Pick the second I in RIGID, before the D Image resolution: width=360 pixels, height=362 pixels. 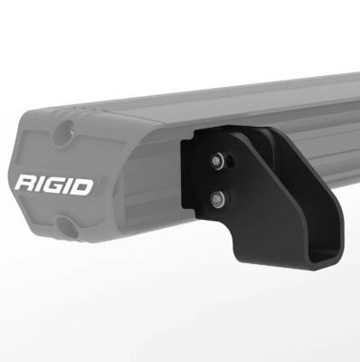click(x=69, y=186)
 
